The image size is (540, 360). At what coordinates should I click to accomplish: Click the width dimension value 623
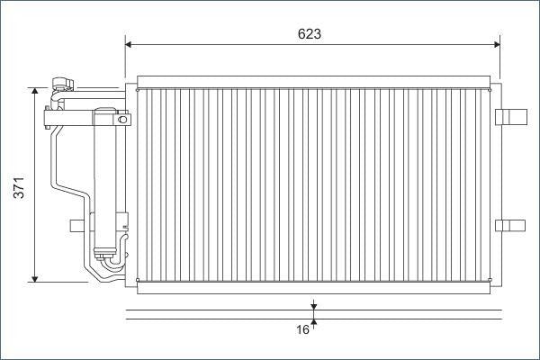310,34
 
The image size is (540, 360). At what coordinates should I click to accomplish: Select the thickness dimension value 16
303,330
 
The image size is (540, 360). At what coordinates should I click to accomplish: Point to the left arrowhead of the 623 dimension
130,43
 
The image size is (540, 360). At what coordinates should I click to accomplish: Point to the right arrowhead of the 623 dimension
496,43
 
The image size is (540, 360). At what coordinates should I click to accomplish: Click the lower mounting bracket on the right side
509,224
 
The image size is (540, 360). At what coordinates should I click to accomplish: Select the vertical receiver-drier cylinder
107,180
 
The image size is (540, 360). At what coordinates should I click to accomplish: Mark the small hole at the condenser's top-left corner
137,89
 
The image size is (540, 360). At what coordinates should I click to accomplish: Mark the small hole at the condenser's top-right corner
490,89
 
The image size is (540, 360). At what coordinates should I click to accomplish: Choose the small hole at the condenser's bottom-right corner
490,280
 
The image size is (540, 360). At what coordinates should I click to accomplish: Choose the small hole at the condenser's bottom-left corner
137,280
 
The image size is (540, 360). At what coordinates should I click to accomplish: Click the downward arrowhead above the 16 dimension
314,307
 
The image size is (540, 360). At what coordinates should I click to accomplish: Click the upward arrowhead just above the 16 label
314,322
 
